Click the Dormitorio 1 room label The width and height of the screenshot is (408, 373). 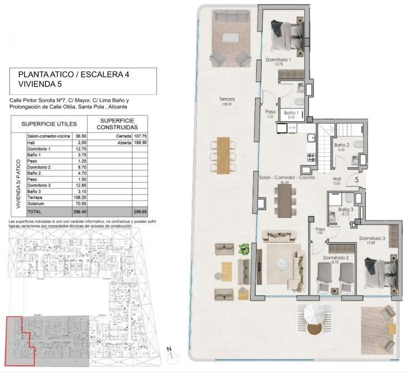[x=278, y=59]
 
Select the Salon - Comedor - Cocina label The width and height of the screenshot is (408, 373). [x=287, y=177]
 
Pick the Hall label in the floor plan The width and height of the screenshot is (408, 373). [x=336, y=179]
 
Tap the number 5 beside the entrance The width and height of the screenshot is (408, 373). [x=356, y=180]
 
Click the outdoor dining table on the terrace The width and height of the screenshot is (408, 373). [x=223, y=155]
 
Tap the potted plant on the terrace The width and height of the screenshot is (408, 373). [x=242, y=249]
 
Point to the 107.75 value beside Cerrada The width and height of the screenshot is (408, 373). [x=139, y=135]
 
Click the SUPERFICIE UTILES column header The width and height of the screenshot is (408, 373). [x=53, y=124]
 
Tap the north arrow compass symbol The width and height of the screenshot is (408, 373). [x=171, y=350]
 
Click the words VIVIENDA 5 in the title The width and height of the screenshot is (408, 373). [x=39, y=84]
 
